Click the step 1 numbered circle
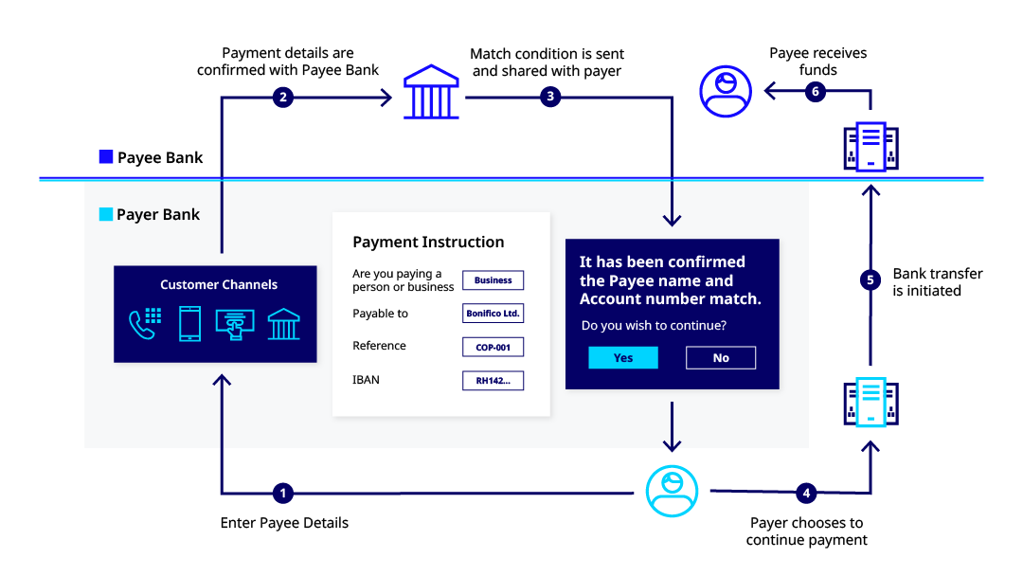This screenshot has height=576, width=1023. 282,494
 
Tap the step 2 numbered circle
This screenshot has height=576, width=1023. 282,98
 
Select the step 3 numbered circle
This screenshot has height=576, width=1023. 550,97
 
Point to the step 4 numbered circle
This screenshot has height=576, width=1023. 806,494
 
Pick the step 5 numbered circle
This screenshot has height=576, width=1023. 870,279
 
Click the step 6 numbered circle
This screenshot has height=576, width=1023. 815,91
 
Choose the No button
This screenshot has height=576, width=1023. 721,357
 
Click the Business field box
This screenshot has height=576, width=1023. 494,279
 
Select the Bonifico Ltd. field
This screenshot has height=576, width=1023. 494,314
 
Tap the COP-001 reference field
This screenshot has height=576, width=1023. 494,347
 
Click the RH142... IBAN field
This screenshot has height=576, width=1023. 494,380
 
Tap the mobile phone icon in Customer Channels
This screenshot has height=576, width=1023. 189,324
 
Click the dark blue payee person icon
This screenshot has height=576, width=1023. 726,91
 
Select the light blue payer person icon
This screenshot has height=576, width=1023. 672,491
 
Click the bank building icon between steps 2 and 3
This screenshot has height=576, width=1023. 431,91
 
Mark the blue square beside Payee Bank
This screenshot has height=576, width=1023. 106,156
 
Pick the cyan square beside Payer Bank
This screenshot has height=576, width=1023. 106,214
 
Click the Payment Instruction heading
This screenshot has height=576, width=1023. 429,242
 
